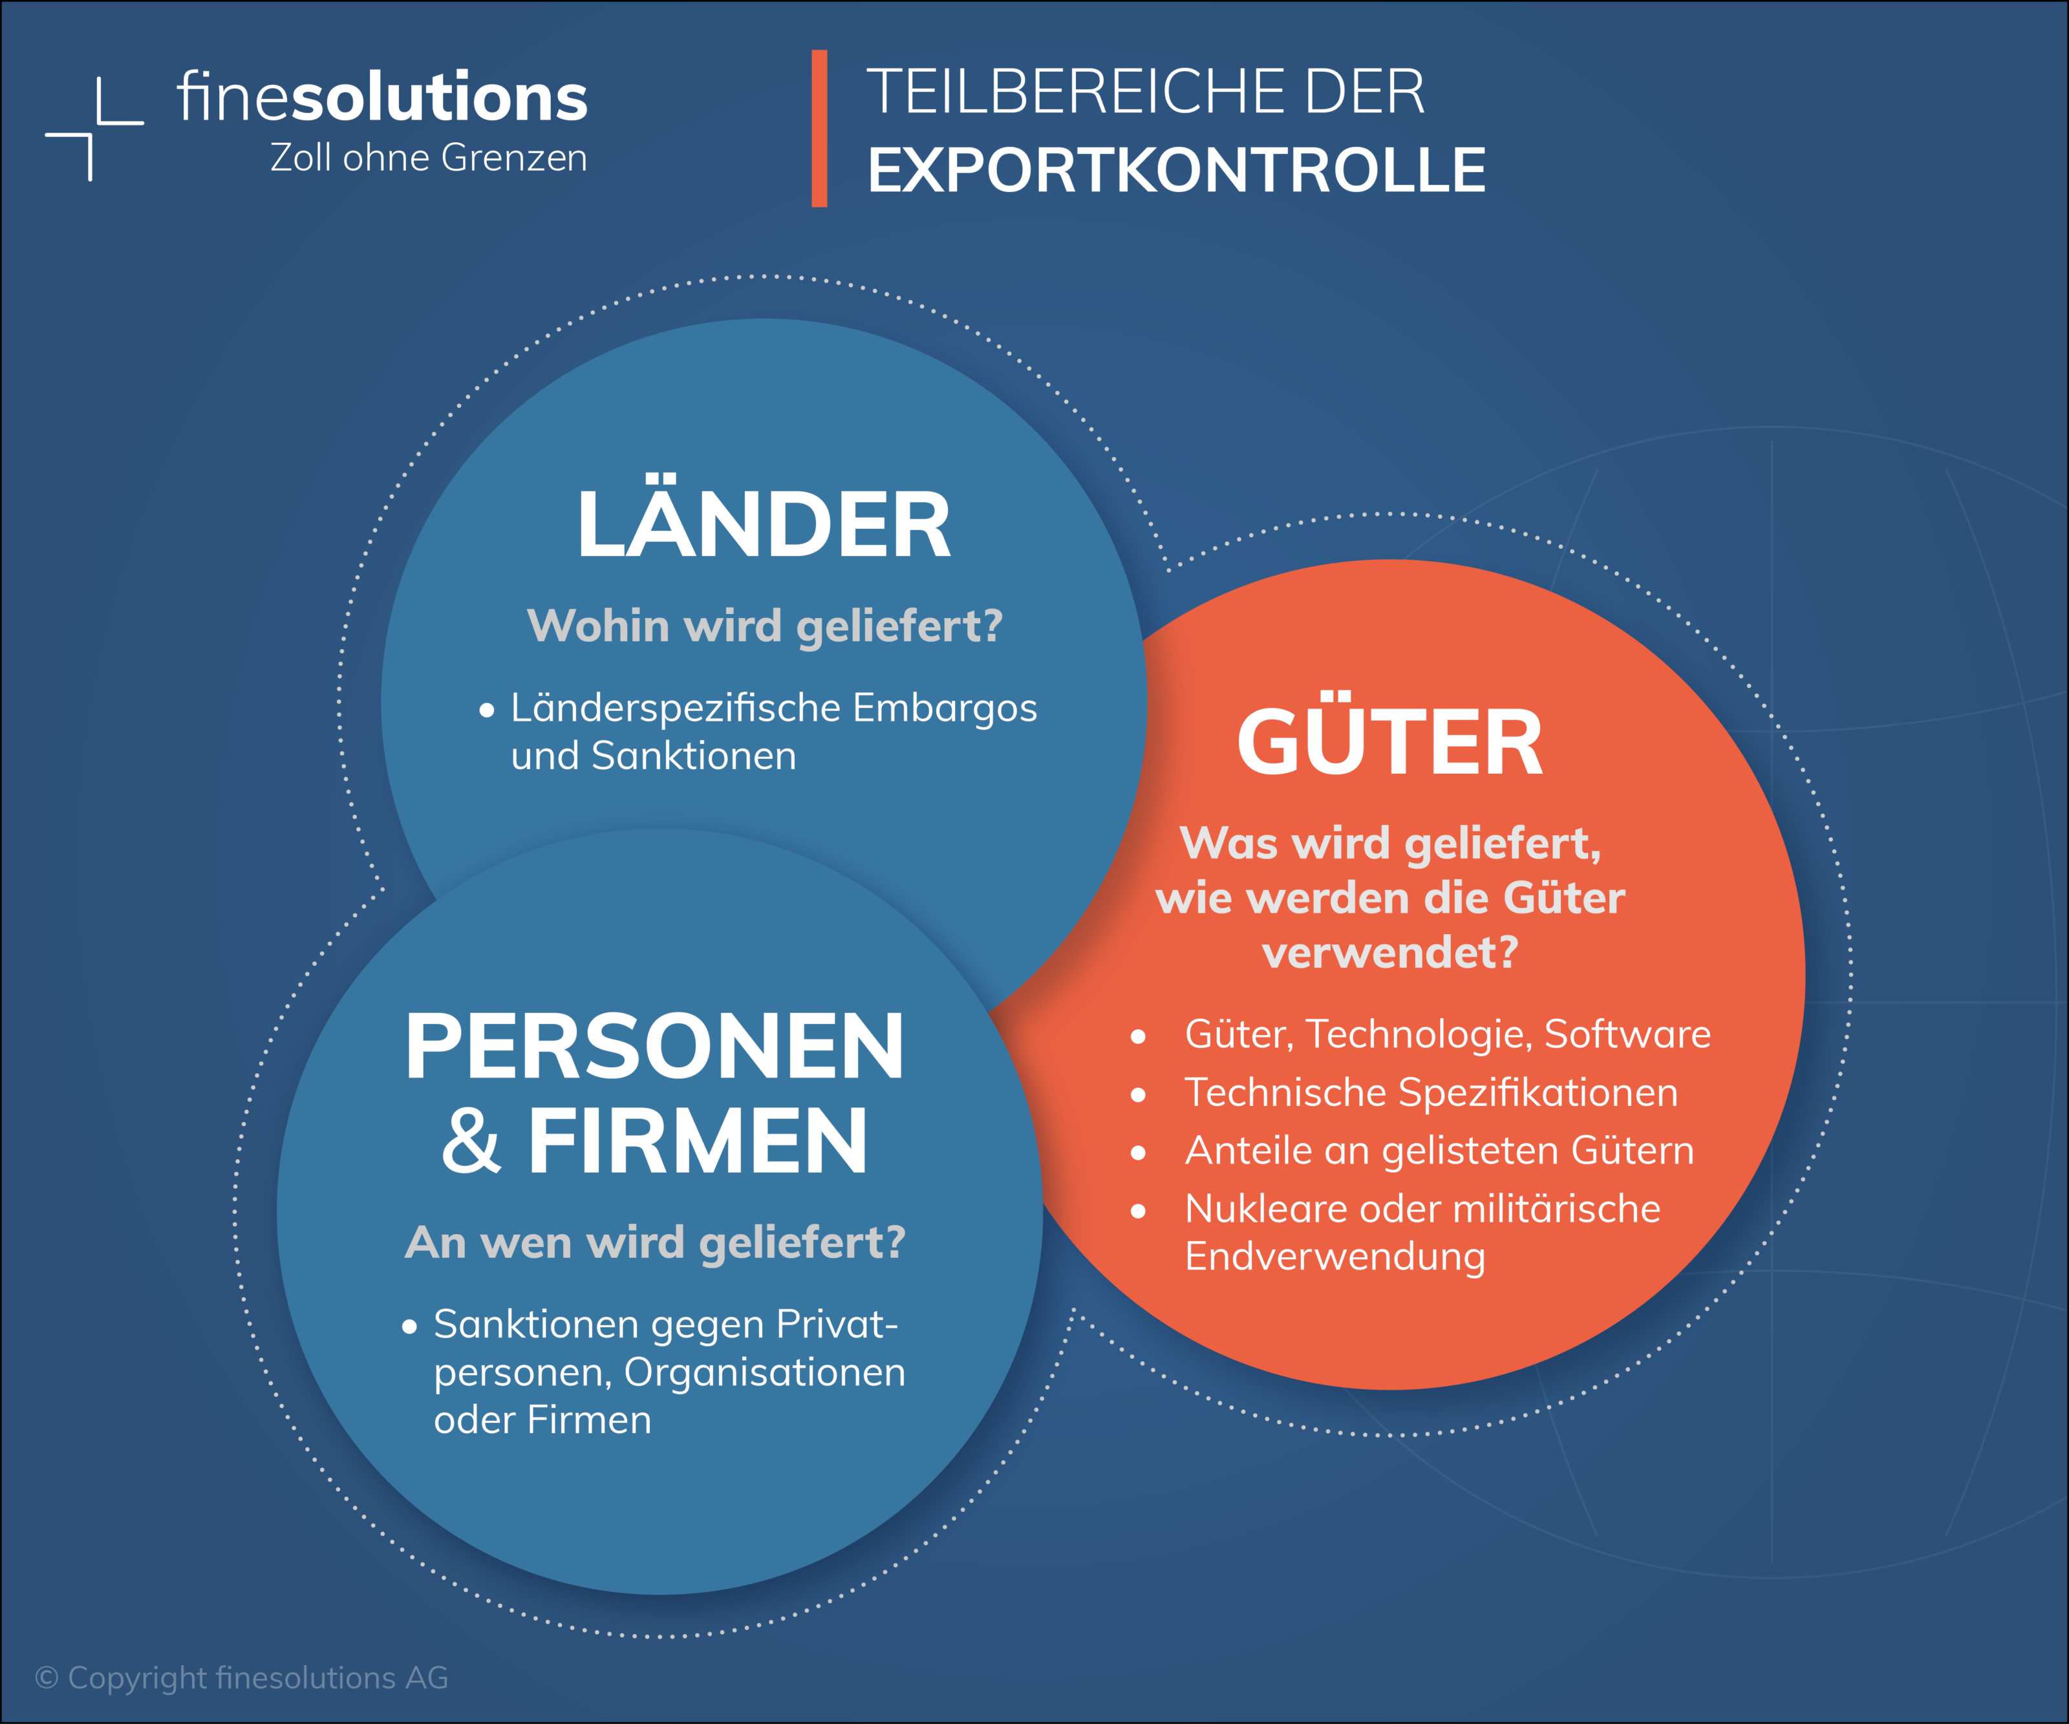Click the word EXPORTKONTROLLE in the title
tap(1176, 171)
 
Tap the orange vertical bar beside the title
tap(819, 128)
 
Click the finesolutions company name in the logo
tap(382, 98)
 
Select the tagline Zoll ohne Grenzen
tap(429, 158)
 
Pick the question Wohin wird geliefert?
tap(764, 626)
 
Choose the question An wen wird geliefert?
tap(655, 1242)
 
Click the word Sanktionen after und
tap(694, 756)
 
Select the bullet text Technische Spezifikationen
tap(1431, 1092)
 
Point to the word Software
tap(1627, 1034)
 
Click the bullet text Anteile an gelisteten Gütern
tap(1439, 1151)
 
